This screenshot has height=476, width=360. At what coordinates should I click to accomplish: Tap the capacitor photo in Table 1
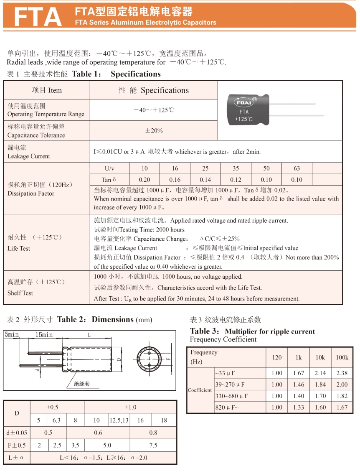pyautogui.click(x=251, y=109)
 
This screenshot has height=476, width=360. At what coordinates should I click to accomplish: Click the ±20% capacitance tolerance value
pyautogui.click(x=154, y=131)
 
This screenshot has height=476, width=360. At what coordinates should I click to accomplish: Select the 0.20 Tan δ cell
pyautogui.click(x=145, y=180)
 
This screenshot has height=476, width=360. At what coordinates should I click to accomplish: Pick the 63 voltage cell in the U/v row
pyautogui.click(x=297, y=168)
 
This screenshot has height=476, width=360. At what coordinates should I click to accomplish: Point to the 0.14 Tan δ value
pyautogui.click(x=205, y=180)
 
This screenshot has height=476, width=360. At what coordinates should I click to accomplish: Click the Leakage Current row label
pyautogui.click(x=29, y=152)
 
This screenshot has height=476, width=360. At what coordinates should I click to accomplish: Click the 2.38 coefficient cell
pyautogui.click(x=342, y=373)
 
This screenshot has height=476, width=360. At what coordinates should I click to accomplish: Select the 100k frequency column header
pyautogui.click(x=342, y=357)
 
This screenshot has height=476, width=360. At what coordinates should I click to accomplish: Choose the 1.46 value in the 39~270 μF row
pyautogui.click(x=299, y=384)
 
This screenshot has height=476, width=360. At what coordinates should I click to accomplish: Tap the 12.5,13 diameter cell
pyautogui.click(x=119, y=420)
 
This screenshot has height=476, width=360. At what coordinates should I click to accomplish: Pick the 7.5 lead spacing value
pyautogui.click(x=153, y=445)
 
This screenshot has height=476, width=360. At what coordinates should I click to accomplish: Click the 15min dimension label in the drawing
pyautogui.click(x=44, y=335)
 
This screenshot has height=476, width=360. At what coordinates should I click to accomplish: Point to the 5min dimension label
pyautogui.click(x=12, y=335)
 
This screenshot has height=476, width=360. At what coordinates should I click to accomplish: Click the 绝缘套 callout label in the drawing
pyautogui.click(x=82, y=384)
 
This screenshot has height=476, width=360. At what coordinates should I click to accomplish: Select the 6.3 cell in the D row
pyautogui.click(x=57, y=420)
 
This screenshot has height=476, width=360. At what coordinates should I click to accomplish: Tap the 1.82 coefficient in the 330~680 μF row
pyautogui.click(x=342, y=396)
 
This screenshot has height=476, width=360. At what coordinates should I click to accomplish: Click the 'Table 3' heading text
pyautogui.click(x=205, y=331)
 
